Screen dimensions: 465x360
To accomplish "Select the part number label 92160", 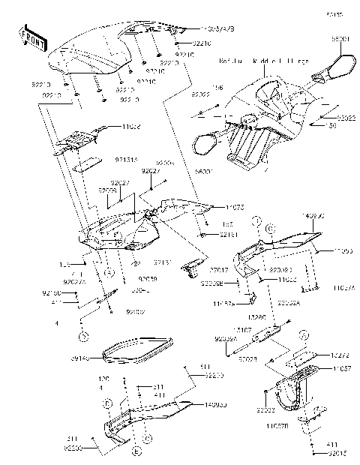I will click(72, 292).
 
